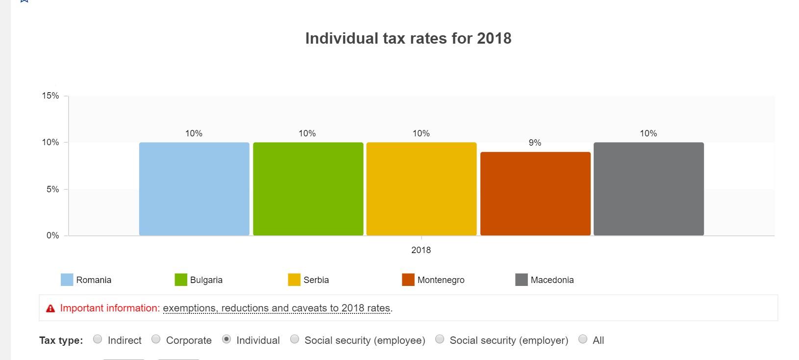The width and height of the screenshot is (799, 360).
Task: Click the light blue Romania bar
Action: tap(194, 189)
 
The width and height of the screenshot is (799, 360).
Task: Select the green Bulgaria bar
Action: tap(308, 189)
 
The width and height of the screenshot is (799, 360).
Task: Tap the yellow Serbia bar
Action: tap(421, 189)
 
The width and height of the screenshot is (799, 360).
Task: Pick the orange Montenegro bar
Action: tap(535, 194)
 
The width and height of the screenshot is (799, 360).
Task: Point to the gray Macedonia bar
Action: tap(649, 189)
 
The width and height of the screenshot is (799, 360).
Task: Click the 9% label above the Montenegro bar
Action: tap(535, 143)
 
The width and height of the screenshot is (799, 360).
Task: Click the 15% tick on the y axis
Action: tap(50, 96)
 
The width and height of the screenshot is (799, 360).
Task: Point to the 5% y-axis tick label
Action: tap(52, 189)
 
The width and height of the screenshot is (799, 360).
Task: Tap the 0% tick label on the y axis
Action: tap(52, 235)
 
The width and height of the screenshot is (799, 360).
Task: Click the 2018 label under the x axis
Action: tap(421, 250)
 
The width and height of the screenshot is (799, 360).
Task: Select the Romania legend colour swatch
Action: tap(67, 280)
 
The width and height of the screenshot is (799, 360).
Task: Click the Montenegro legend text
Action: tap(441, 280)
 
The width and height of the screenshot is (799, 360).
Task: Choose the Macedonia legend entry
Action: tap(551, 280)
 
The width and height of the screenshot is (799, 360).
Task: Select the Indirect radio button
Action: tap(98, 339)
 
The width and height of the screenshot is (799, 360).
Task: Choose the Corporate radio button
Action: tap(156, 339)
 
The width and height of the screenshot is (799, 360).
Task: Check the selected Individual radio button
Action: tap(226, 339)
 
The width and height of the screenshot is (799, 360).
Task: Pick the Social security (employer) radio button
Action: tap(440, 339)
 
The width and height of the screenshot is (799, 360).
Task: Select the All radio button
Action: tap(583, 339)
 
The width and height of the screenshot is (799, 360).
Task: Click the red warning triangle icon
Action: tap(50, 309)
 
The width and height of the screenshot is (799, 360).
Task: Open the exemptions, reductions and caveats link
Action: tap(276, 309)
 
